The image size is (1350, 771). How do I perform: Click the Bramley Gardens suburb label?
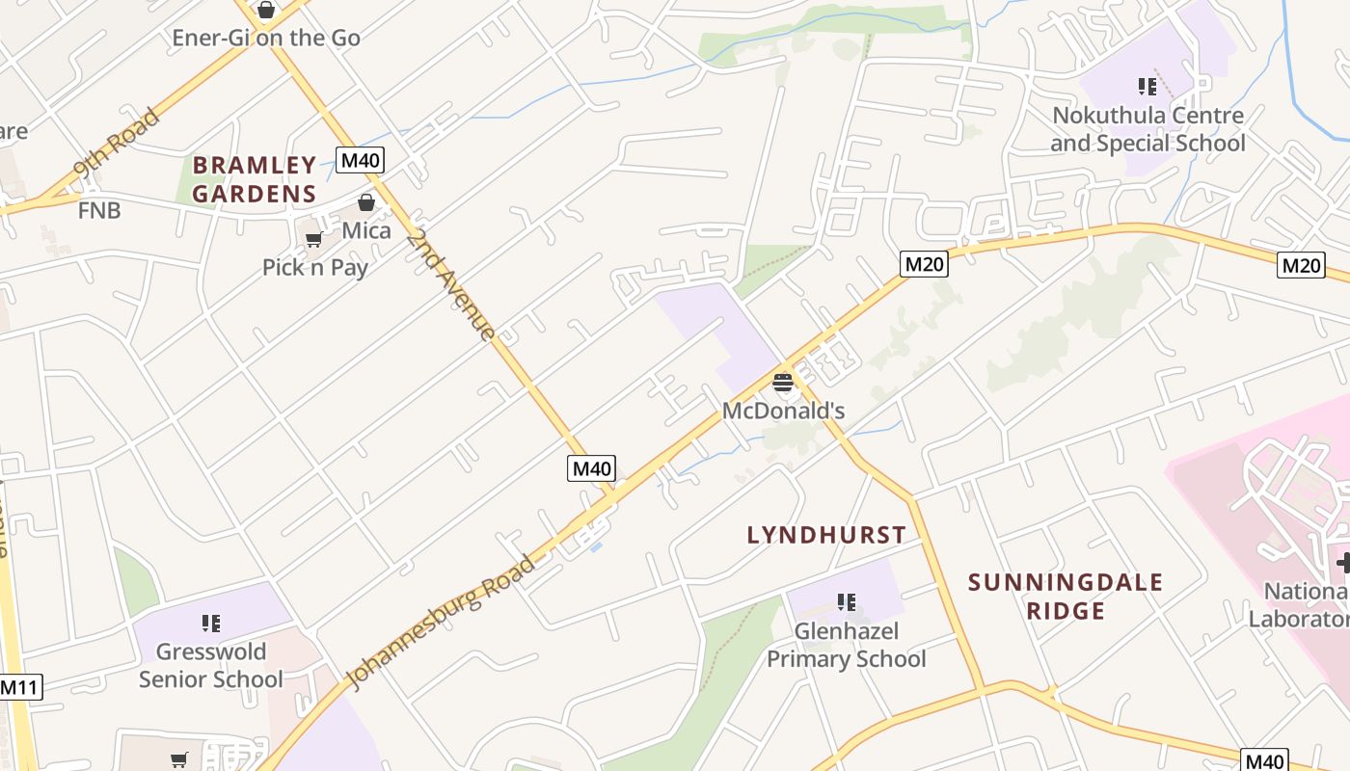(x=255, y=179)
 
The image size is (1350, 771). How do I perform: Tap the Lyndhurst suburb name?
(x=826, y=535)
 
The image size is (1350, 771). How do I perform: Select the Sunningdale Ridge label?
(x=1066, y=597)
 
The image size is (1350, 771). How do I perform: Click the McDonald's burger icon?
(x=783, y=384)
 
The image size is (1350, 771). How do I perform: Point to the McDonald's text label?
(x=783, y=412)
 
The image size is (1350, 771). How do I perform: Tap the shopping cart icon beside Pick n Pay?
(x=313, y=239)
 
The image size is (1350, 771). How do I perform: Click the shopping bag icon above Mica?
(x=366, y=202)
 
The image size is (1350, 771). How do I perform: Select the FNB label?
(x=99, y=210)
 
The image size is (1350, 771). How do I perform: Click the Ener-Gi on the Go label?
(x=266, y=39)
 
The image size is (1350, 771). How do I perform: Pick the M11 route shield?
(x=20, y=687)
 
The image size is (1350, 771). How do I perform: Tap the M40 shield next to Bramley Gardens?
(x=360, y=160)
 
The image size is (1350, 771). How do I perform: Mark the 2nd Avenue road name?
(x=450, y=284)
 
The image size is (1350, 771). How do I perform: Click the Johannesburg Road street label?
(x=440, y=622)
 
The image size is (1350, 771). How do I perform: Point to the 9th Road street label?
(x=117, y=146)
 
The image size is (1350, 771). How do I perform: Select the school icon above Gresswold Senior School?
(x=211, y=624)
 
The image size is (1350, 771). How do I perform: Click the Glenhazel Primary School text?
(x=846, y=646)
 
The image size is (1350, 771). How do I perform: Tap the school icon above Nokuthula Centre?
(x=1147, y=87)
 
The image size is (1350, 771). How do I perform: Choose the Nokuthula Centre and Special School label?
(x=1147, y=129)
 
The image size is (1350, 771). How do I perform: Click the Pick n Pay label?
(x=315, y=267)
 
